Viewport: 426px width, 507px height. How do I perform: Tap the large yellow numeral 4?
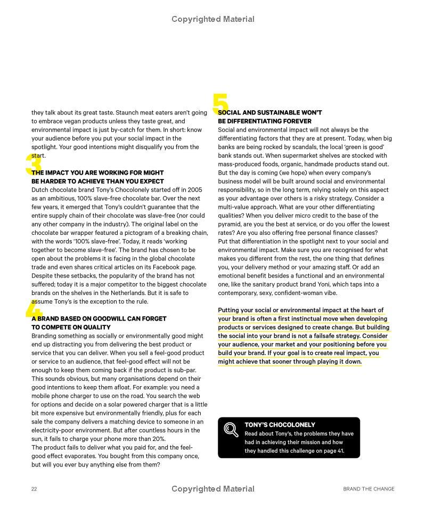pyautogui.click(x=34, y=309)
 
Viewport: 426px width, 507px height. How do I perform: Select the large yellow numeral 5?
pyautogui.click(x=220, y=104)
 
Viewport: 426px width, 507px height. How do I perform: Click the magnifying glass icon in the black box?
pyautogui.click(x=231, y=429)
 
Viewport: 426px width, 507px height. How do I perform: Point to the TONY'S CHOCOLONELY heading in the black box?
pyautogui.click(x=280, y=425)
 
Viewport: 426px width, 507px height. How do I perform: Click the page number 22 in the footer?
pyautogui.click(x=34, y=489)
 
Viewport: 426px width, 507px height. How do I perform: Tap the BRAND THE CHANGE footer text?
pyautogui.click(x=368, y=489)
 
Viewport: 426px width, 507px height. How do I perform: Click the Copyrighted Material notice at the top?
pyautogui.click(x=213, y=19)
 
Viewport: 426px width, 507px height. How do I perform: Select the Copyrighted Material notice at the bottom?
pyautogui.click(x=213, y=488)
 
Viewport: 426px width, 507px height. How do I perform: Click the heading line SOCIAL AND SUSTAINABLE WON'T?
pyautogui.click(x=270, y=113)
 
